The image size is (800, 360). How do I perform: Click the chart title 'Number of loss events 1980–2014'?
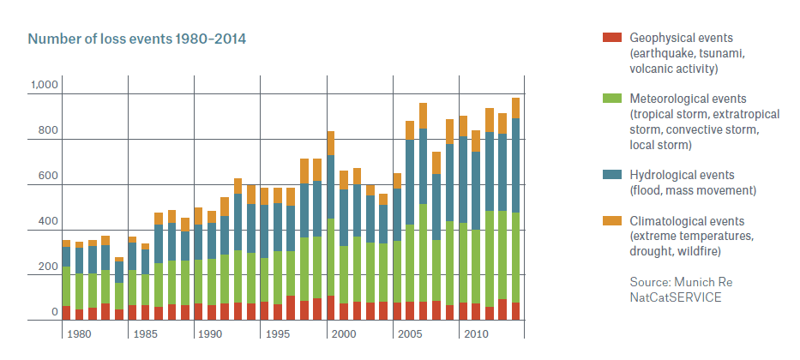point(137,39)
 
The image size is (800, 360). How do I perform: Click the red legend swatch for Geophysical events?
point(611,38)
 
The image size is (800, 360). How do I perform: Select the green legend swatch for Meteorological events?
point(611,99)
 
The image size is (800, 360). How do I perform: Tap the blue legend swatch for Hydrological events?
point(611,174)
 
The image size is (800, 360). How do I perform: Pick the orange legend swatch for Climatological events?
point(611,221)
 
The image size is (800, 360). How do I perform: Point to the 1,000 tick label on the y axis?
point(44,85)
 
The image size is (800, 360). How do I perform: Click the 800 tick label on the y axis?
point(46,132)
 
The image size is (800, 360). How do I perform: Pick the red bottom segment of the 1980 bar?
point(66,313)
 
